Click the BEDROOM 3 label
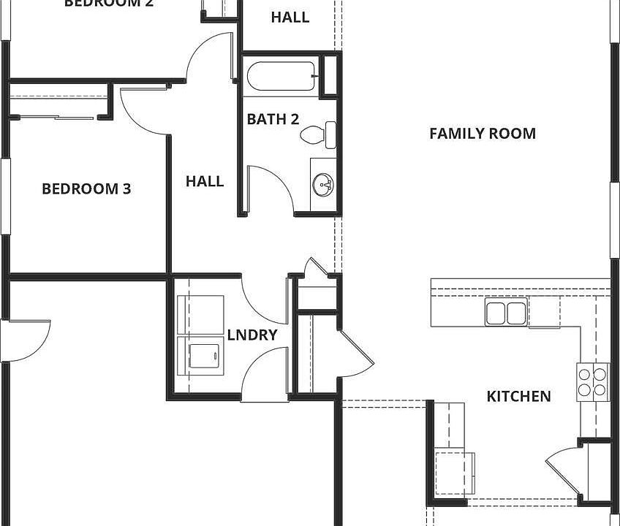(x=86, y=189)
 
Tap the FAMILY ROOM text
(x=482, y=134)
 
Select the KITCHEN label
(x=518, y=397)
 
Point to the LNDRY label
(x=252, y=335)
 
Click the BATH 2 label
(x=273, y=119)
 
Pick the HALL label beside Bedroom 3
(x=205, y=181)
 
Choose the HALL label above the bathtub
(x=290, y=17)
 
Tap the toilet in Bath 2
(x=319, y=134)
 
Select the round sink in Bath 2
(x=323, y=186)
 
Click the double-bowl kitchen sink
(x=505, y=313)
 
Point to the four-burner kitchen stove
(x=593, y=381)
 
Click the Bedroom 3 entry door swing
(x=146, y=110)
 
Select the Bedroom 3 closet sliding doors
(x=55, y=116)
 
